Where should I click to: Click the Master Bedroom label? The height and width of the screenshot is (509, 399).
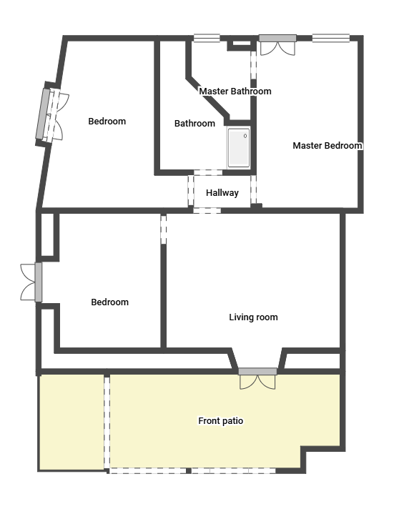pyautogui.click(x=327, y=145)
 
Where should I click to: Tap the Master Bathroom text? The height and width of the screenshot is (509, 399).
pyautogui.click(x=235, y=92)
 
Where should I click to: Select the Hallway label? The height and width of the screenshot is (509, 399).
pyautogui.click(x=222, y=193)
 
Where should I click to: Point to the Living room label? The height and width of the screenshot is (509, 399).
pyautogui.click(x=253, y=317)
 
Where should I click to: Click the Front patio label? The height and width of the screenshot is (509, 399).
pyautogui.click(x=221, y=420)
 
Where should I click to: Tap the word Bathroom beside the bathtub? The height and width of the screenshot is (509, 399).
pyautogui.click(x=194, y=124)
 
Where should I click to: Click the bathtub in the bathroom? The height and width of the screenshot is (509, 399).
pyautogui.click(x=239, y=148)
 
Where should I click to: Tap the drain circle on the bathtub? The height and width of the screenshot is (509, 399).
pyautogui.click(x=245, y=136)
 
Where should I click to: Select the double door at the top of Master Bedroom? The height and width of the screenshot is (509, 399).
pyautogui.click(x=278, y=44)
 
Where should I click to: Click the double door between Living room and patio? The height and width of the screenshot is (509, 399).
pyautogui.click(x=257, y=378)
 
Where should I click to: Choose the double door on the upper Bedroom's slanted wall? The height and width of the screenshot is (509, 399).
pyautogui.click(x=52, y=115)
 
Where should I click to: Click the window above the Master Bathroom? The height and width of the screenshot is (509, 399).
pyautogui.click(x=207, y=39)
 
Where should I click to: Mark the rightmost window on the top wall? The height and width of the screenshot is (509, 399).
pyautogui.click(x=331, y=39)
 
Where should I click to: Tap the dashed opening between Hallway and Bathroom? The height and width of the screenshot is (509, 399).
pyautogui.click(x=208, y=173)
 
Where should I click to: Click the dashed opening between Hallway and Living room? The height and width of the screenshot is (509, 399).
pyautogui.click(x=207, y=211)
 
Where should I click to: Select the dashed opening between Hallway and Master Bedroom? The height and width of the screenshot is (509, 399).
pyautogui.click(x=254, y=189)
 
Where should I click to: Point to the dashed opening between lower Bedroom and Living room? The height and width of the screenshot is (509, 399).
pyautogui.click(x=164, y=229)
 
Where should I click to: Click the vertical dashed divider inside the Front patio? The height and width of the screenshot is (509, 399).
pyautogui.click(x=107, y=422)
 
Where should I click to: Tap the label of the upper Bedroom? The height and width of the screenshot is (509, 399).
pyautogui.click(x=107, y=121)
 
